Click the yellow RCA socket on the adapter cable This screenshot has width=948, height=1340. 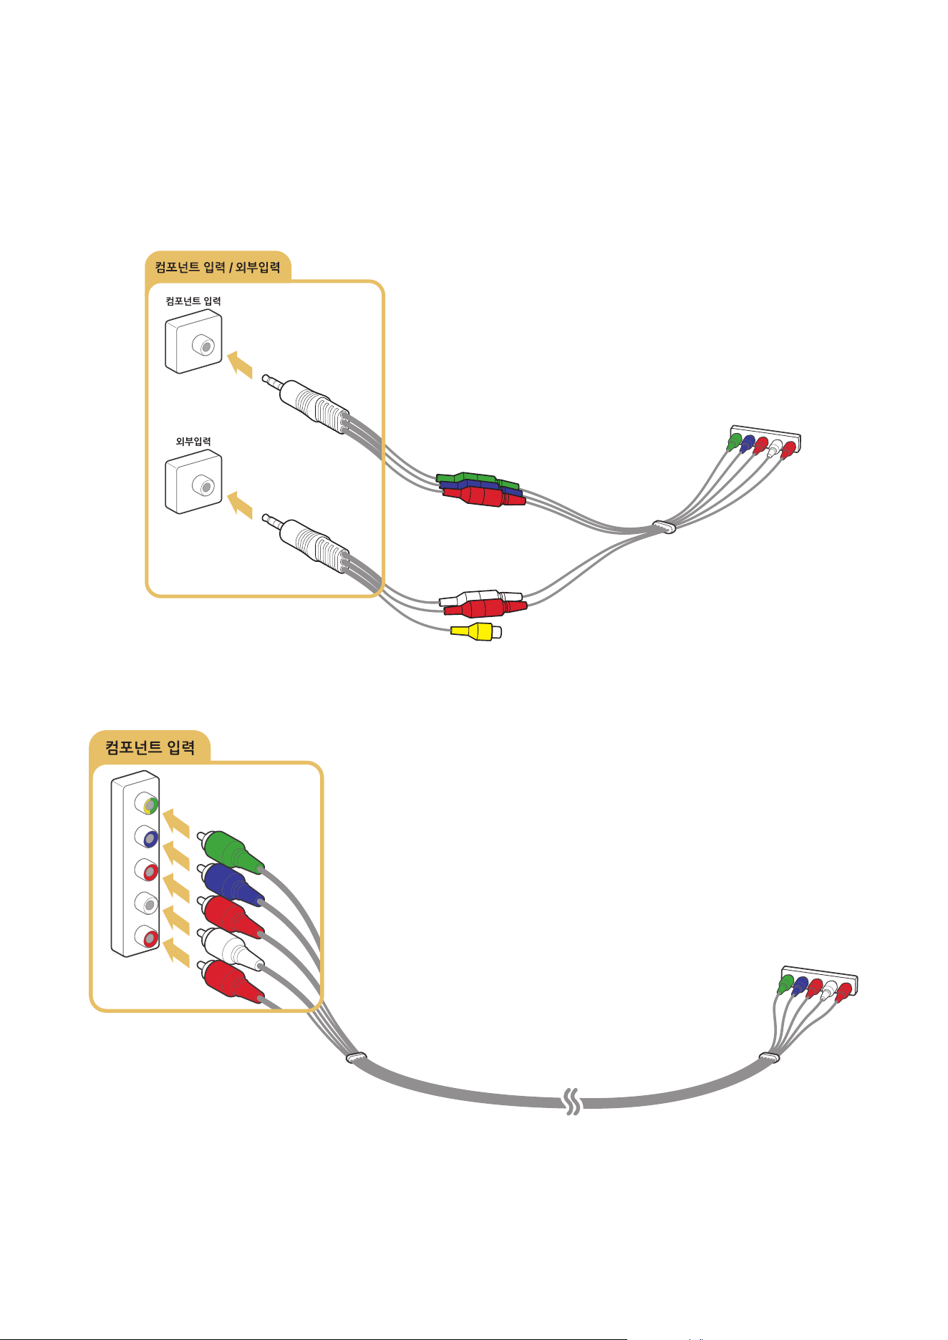[476, 632]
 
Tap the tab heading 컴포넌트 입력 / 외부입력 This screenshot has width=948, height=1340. [218, 268]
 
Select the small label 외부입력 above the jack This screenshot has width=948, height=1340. [193, 442]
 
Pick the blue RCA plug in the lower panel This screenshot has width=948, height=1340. [231, 883]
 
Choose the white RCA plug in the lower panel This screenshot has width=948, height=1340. [231, 948]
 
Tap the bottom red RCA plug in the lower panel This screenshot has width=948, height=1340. [231, 980]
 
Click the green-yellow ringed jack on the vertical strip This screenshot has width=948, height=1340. [147, 805]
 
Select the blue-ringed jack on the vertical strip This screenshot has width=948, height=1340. [147, 837]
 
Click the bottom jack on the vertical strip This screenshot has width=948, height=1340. [147, 936]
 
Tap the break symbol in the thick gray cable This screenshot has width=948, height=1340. [572, 1102]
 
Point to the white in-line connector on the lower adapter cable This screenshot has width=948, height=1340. [480, 598]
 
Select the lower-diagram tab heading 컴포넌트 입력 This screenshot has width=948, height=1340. [150, 748]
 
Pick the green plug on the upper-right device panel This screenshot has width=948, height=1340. [734, 442]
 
